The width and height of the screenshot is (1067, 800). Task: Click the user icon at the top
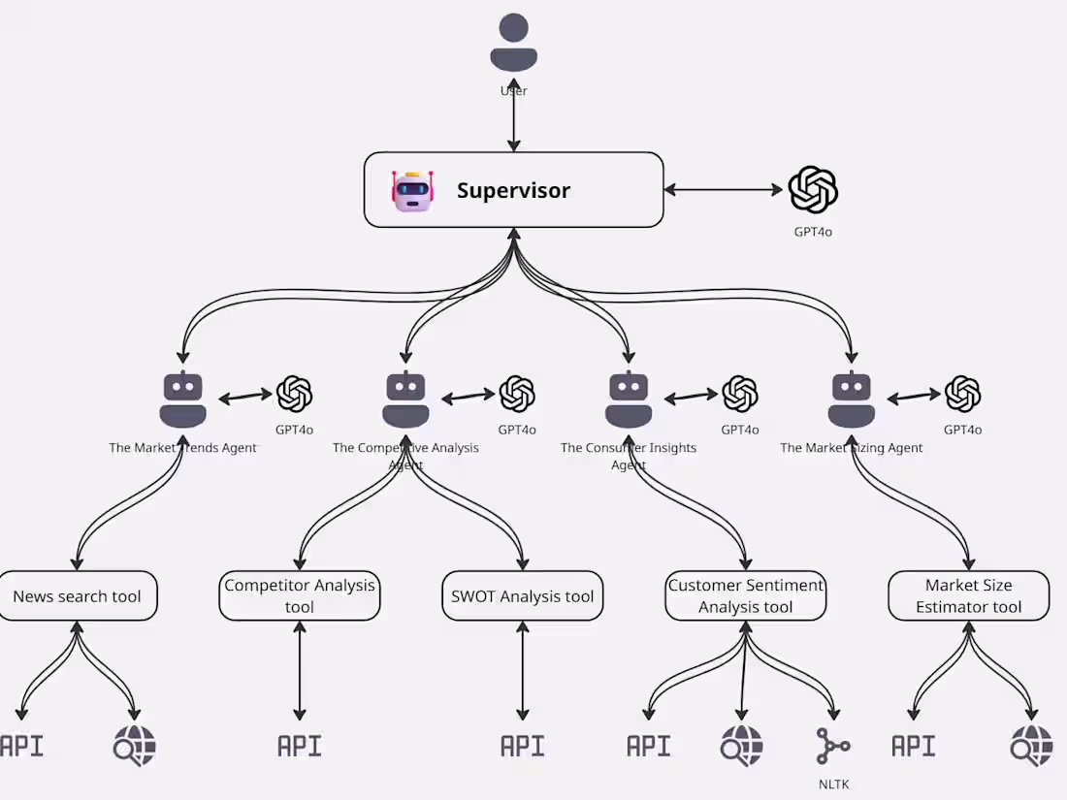513,43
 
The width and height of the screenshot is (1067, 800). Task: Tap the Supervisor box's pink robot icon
412,190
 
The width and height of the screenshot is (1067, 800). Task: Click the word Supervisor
513,190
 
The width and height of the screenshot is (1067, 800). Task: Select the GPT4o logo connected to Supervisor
813,190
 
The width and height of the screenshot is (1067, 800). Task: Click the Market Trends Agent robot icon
182,400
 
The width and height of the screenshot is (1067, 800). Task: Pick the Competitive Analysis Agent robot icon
405,400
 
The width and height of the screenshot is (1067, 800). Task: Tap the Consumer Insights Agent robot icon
629,400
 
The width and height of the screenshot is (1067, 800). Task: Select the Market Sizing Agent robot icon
852,400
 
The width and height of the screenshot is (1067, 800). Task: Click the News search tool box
77,596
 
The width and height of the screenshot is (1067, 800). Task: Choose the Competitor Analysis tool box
300,596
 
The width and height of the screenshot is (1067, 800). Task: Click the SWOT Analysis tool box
522,596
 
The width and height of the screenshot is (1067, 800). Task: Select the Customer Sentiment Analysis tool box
746,596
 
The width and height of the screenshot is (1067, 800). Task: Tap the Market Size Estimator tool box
968,596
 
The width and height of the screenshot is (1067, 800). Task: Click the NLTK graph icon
832,747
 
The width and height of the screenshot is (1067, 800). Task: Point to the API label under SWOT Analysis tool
522,746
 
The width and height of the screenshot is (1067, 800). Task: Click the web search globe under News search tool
134,746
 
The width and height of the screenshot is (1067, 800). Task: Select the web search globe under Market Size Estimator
1031,746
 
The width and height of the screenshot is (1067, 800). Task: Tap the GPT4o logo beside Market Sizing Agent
963,394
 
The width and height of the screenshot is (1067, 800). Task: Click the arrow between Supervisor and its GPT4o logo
724,190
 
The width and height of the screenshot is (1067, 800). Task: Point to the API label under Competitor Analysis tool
299,746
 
